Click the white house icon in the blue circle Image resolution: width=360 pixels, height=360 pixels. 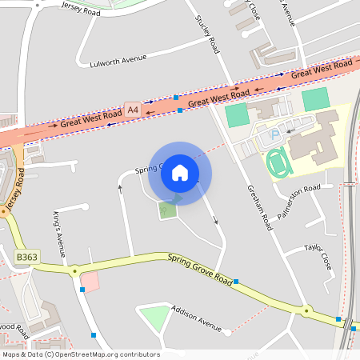point(180,172)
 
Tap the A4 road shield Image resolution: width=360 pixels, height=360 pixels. point(132,107)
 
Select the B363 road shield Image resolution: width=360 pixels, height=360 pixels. point(26,258)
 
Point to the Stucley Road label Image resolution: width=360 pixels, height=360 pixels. point(207,34)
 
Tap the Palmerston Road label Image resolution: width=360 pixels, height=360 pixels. point(297,192)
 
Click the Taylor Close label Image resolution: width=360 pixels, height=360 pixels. point(318,254)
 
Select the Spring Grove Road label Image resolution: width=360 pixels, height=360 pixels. point(200,269)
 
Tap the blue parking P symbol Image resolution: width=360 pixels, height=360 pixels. point(275,135)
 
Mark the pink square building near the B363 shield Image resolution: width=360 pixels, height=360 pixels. point(90,282)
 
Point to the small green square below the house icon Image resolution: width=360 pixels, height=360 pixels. point(167,210)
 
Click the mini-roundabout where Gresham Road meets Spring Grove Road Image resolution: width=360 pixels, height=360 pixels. point(306,310)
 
